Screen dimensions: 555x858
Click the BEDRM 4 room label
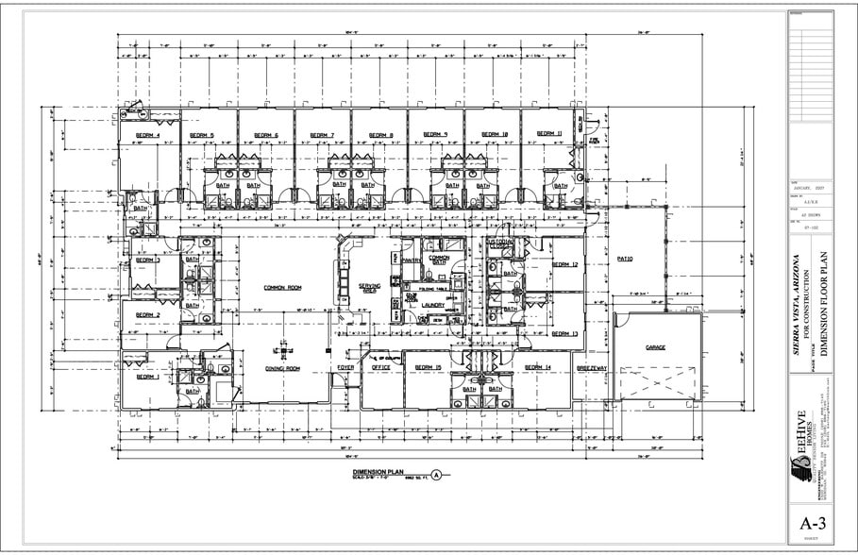tap(147, 135)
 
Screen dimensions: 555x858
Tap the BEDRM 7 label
tap(322, 135)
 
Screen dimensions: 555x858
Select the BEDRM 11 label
tap(548, 134)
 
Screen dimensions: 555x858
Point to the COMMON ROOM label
tap(281, 288)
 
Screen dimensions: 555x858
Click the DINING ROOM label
tap(281, 368)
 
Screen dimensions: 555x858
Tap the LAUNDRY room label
tap(433, 305)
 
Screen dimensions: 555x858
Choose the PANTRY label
tap(411, 259)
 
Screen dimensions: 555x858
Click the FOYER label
tap(345, 367)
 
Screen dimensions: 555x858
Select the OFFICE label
tap(380, 367)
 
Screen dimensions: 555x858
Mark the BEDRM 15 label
tap(429, 367)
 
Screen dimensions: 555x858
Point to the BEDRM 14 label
tap(536, 367)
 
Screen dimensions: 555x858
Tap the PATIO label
tap(624, 259)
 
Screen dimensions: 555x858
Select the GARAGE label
tap(655, 347)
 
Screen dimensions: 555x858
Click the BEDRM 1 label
tap(145, 377)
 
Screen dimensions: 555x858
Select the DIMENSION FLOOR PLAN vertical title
tap(822, 302)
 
